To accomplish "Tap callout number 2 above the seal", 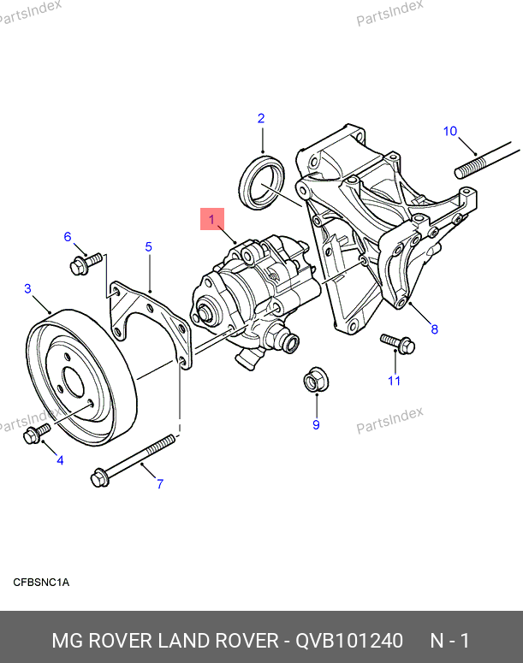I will click(x=261, y=119).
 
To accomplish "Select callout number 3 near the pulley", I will click(x=27, y=289).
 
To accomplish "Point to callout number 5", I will click(x=148, y=247).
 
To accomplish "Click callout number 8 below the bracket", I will click(x=434, y=329).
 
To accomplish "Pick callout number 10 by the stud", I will click(x=450, y=131).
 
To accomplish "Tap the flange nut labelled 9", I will click(x=314, y=380).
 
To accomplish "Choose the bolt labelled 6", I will click(x=84, y=263).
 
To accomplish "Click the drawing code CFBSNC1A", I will click(x=40, y=583).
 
